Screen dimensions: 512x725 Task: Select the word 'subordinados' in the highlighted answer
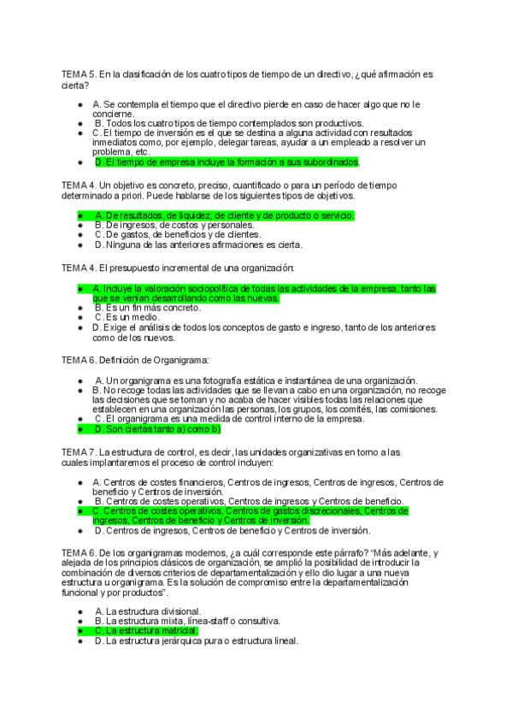click(332, 162)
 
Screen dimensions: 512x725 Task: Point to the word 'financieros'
click(194, 482)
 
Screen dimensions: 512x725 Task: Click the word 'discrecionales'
click(324, 510)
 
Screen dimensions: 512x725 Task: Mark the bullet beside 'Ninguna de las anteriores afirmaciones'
click(79, 245)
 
